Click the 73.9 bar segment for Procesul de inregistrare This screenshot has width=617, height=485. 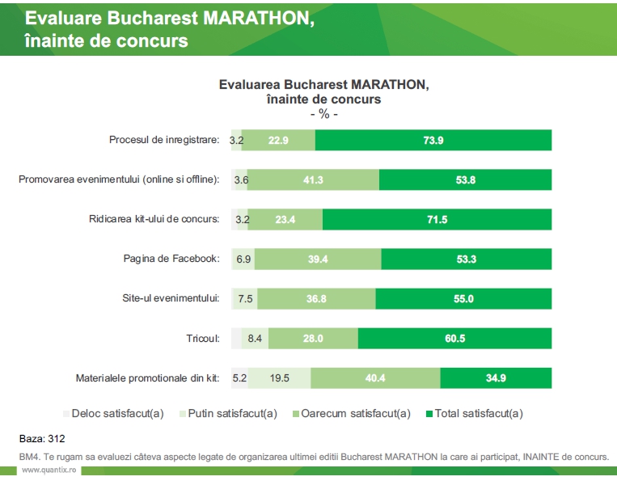[433, 140]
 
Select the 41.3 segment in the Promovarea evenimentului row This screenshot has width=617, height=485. [313, 179]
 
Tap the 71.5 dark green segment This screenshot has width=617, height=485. [437, 219]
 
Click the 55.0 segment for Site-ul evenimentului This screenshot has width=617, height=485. [463, 298]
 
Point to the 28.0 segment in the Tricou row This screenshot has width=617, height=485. [313, 338]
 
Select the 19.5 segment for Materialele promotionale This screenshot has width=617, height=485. [280, 377]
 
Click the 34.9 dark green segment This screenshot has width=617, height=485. [496, 377]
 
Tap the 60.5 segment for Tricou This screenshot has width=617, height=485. [454, 338]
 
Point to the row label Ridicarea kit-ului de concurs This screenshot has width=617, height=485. [154, 219]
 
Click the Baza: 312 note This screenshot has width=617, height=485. [42, 439]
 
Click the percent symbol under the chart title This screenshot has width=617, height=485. [323, 114]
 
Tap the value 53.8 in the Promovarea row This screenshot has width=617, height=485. [465, 179]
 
